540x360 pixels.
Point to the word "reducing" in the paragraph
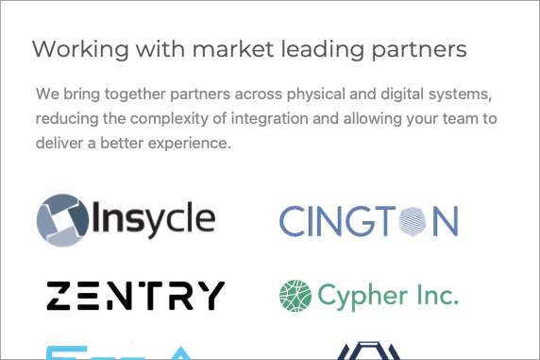coord(68,120)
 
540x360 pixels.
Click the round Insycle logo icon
coord(64,220)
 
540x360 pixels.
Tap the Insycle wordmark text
coord(154,220)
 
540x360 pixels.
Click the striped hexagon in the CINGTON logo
coord(413,221)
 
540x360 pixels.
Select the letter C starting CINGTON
coord(293,221)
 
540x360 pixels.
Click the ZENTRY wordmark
coord(136,296)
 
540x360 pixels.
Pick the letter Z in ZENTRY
coord(60,296)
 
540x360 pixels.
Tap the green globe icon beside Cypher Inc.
coord(295,296)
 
